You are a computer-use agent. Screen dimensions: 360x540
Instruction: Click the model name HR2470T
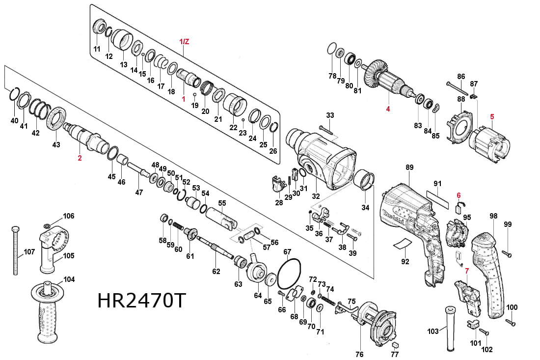(142, 301)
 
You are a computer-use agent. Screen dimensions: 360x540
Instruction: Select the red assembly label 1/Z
(184, 42)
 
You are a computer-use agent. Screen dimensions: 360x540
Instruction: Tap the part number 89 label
(410, 167)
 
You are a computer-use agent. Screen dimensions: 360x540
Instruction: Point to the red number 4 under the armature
(387, 109)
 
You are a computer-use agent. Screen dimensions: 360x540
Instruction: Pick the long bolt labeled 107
(16, 250)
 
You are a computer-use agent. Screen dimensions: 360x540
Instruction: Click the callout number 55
(222, 203)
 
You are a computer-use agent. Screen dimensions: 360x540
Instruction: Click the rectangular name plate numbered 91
(437, 201)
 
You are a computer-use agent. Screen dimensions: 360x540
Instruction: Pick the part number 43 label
(56, 145)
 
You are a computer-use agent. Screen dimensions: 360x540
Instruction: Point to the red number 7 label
(467, 271)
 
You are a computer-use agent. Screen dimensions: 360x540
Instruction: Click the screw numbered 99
(508, 254)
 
